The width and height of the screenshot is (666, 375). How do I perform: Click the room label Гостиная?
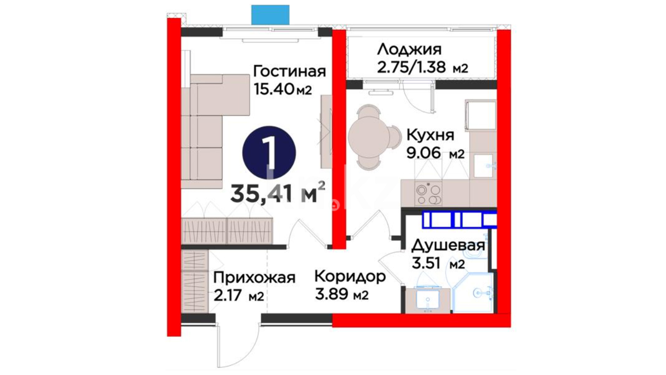click(x=289, y=72)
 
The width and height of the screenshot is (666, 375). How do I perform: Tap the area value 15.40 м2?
click(x=283, y=89)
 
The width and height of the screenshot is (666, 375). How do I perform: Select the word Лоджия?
click(x=409, y=50)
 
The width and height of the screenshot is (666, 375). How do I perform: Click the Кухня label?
click(x=430, y=135)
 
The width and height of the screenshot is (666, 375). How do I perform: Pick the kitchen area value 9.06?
click(x=424, y=153)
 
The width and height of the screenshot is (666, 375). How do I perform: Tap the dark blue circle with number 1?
click(x=269, y=153)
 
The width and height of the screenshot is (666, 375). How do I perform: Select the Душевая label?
click(x=448, y=246)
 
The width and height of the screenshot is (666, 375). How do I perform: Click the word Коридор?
click(x=350, y=277)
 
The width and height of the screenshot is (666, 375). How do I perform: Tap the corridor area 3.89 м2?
click(x=342, y=294)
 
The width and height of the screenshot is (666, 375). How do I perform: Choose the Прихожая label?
click(x=254, y=278)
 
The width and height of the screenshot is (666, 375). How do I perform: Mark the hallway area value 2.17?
click(x=228, y=296)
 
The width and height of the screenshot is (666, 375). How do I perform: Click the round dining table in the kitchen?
click(x=369, y=137)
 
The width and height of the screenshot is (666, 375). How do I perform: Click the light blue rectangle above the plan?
click(x=270, y=15)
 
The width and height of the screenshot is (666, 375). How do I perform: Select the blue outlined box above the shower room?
click(x=459, y=220)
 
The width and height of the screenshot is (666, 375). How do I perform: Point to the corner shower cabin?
click(x=473, y=292)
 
